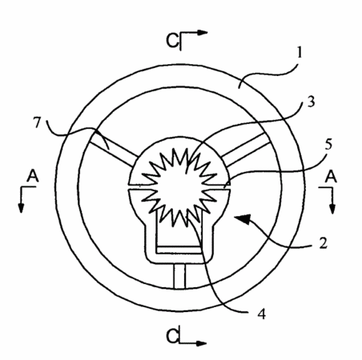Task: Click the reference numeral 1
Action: pyautogui.click(x=300, y=53)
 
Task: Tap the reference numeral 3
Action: pyautogui.click(x=311, y=102)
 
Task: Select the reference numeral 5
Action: pyautogui.click(x=328, y=144)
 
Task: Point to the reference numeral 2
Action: pyautogui.click(x=324, y=243)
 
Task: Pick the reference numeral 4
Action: pyautogui.click(x=262, y=314)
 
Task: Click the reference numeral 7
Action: pyautogui.click(x=37, y=123)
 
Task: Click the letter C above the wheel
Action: pyautogui.click(x=172, y=41)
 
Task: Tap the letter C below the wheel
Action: pyautogui.click(x=172, y=336)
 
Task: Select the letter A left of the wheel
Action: pyautogui.click(x=33, y=176)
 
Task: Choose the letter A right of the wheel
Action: pyautogui.click(x=331, y=177)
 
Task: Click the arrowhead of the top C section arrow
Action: pyautogui.click(x=203, y=33)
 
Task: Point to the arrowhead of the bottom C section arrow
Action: pyautogui.click(x=202, y=343)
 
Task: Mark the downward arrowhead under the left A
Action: pyautogui.click(x=21, y=208)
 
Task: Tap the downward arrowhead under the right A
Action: pyautogui.click(x=332, y=209)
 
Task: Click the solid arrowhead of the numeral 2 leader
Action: pyautogui.click(x=243, y=218)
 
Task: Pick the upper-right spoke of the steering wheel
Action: pyautogui.click(x=245, y=150)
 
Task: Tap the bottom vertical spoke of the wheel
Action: pyautogui.click(x=179, y=276)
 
